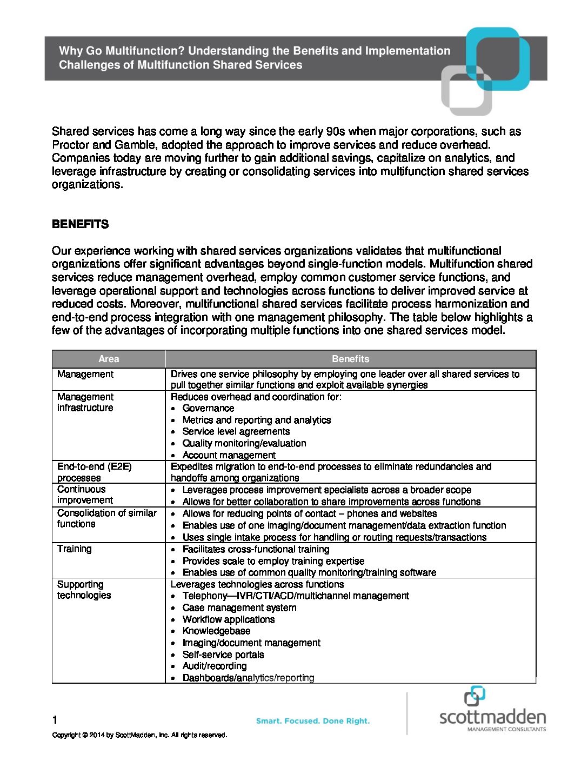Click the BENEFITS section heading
pyautogui.click(x=80, y=224)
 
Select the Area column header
pyautogui.click(x=109, y=359)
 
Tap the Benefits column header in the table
pyautogui.click(x=350, y=359)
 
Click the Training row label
pyautogui.click(x=75, y=549)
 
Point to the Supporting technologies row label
pyautogui.click(x=84, y=590)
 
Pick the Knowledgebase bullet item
pyautogui.click(x=216, y=631)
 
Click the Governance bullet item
pyautogui.click(x=208, y=408)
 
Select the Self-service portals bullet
pyautogui.click(x=223, y=655)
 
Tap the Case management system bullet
pyautogui.click(x=239, y=608)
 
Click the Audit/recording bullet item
pyautogui.click(x=215, y=666)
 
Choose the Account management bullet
pyautogui.click(x=229, y=455)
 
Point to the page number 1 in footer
pyautogui.click(x=55, y=719)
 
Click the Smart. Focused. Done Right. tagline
pyautogui.click(x=313, y=721)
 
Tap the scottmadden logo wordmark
pyautogui.click(x=492, y=717)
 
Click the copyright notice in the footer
pyautogui.click(x=139, y=735)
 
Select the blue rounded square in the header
pyautogui.click(x=498, y=58)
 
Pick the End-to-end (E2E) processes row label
pyautogui.click(x=95, y=472)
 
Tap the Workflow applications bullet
pyautogui.click(x=228, y=619)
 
